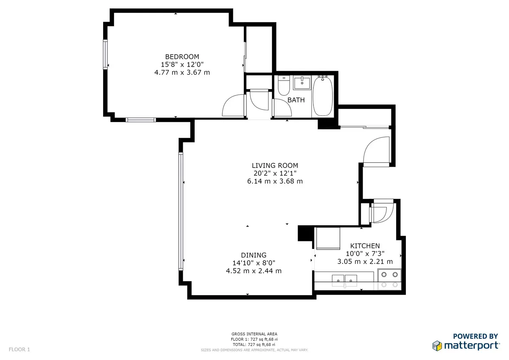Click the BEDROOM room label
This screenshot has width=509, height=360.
(182, 56)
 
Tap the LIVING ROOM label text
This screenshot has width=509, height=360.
(275, 165)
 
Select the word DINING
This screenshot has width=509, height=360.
(254, 255)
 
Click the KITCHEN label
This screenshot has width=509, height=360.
(364, 246)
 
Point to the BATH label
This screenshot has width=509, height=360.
(296, 100)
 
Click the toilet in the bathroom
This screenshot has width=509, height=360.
(283, 86)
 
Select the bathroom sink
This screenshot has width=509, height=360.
(302, 82)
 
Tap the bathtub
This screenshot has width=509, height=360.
(323, 96)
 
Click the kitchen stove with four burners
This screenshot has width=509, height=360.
(389, 280)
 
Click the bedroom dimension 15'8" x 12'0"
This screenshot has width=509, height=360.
(182, 64)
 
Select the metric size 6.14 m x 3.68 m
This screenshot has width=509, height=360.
(275, 181)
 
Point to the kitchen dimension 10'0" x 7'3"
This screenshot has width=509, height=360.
(364, 254)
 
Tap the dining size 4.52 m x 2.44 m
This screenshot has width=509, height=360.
(254, 271)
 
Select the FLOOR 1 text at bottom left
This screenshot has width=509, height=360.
(20, 349)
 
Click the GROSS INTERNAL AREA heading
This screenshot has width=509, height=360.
(254, 334)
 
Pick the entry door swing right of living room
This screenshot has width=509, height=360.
(376, 150)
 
